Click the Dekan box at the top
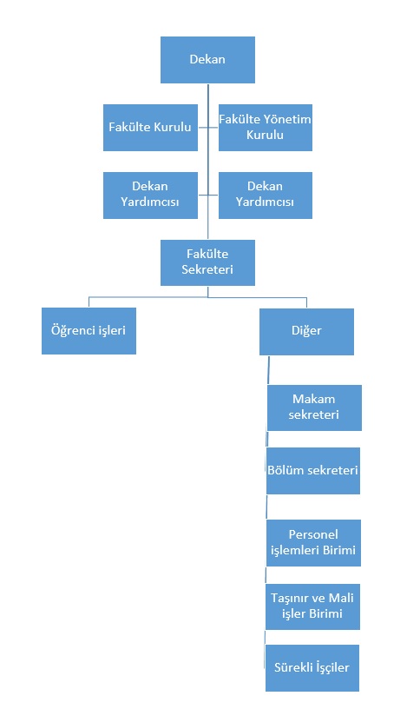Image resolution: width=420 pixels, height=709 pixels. click(207, 60)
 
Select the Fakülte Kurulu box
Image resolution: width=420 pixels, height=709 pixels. click(150, 128)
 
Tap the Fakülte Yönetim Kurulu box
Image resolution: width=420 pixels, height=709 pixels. click(266, 128)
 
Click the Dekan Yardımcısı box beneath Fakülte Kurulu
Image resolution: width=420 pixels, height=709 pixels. click(150, 195)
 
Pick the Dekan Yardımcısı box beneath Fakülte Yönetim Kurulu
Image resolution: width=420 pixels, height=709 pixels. click(266, 195)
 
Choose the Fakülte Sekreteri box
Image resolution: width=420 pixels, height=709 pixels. click(207, 262)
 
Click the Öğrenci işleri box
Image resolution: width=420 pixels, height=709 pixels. click(89, 331)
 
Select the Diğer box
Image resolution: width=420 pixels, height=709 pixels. click(306, 331)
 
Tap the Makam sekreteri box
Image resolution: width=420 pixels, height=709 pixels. click(314, 408)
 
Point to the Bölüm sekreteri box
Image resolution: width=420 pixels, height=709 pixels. click(313, 471)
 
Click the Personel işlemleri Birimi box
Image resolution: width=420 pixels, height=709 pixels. click(313, 542)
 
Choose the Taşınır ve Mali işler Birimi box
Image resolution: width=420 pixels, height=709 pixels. click(312, 606)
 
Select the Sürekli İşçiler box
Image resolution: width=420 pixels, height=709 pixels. click(312, 668)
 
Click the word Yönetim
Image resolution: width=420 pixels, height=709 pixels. click(287, 119)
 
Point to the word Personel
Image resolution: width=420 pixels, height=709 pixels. click(313, 534)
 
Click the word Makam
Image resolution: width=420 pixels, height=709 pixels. click(314, 400)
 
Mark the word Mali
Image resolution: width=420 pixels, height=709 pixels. click(341, 598)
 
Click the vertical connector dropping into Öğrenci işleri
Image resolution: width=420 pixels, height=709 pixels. click(89, 302)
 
